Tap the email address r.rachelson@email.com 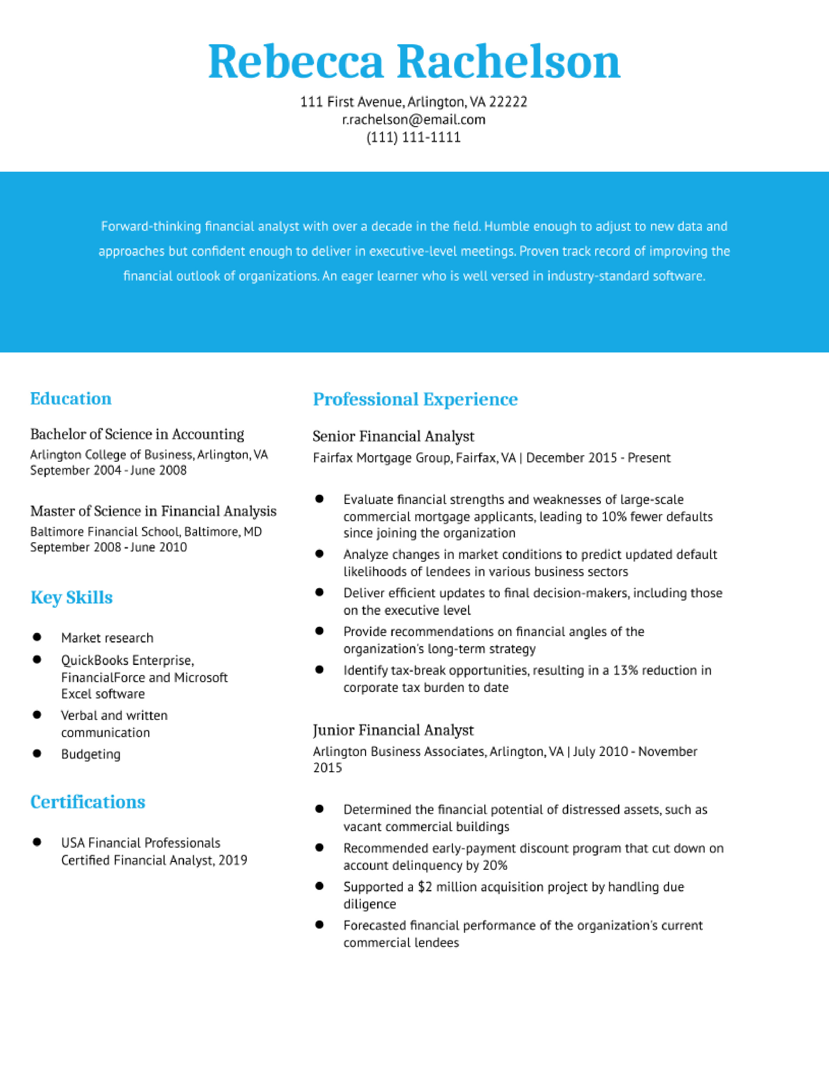pyautogui.click(x=414, y=119)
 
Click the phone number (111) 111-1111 pyautogui.click(x=414, y=137)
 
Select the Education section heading pyautogui.click(x=71, y=398)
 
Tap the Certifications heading pyautogui.click(x=87, y=802)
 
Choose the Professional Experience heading pyautogui.click(x=415, y=399)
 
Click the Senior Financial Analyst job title pyautogui.click(x=393, y=436)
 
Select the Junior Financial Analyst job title pyautogui.click(x=393, y=730)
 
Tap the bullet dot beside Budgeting pyautogui.click(x=37, y=753)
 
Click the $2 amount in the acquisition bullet pyautogui.click(x=424, y=887)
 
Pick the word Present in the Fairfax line pyautogui.click(x=649, y=458)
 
